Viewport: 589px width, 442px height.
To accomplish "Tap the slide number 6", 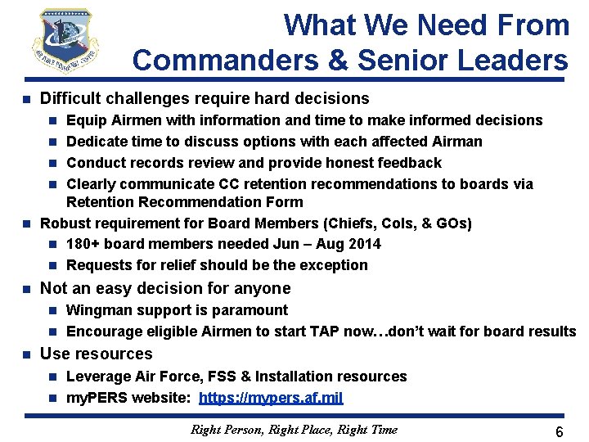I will tap(559, 431).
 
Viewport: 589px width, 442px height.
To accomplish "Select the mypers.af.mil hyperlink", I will tap(271, 398).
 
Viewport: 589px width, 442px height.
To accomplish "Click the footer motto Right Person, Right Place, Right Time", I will tap(294, 429).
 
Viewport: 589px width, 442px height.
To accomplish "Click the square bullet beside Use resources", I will tap(25, 354).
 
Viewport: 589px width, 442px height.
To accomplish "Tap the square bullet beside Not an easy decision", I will tap(25, 289).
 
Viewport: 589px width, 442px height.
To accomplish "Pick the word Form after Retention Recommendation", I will tap(287, 201).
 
